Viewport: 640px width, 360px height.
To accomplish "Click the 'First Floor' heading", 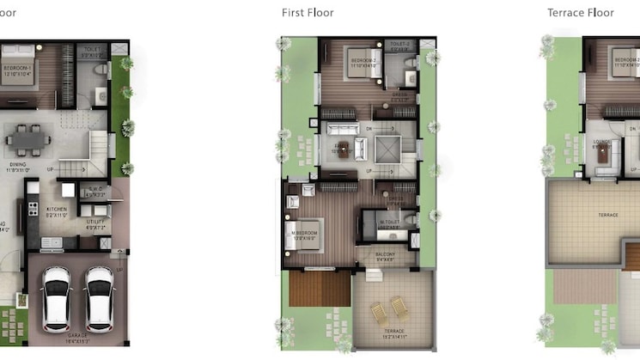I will (x=308, y=12).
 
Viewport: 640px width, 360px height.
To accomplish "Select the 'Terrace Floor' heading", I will (x=581, y=12).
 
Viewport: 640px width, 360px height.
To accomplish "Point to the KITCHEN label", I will (x=57, y=208).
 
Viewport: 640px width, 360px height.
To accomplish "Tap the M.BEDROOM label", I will (x=308, y=234).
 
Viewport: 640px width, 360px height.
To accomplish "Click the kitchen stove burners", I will (x=32, y=207).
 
